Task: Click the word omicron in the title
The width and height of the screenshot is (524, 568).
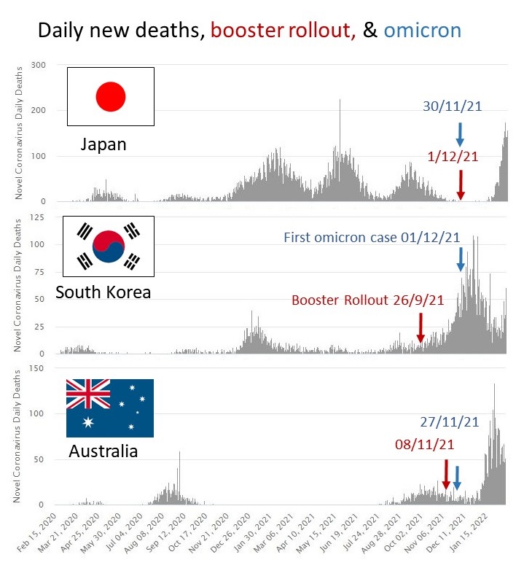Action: [x=422, y=30]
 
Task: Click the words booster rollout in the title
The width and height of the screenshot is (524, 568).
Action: [x=283, y=30]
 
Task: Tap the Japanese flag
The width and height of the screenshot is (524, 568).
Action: [x=111, y=96]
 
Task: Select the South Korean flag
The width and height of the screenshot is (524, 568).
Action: [x=108, y=245]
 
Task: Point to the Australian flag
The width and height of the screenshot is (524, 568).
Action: [x=110, y=408]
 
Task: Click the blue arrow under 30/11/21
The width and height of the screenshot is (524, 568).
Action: [x=460, y=134]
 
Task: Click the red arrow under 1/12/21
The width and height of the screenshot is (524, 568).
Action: [x=461, y=184]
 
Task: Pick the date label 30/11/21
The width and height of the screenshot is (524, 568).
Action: [x=452, y=106]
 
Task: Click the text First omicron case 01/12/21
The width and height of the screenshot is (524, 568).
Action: [x=372, y=237]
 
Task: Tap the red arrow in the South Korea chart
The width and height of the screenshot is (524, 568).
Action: [x=421, y=327]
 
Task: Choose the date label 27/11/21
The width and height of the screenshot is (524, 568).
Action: [x=450, y=421]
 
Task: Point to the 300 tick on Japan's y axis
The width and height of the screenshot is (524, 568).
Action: [x=39, y=66]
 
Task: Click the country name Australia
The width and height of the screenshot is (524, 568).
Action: [x=103, y=451]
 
